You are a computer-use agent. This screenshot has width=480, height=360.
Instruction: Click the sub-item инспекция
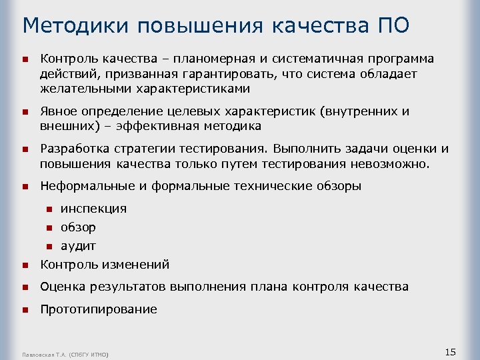click(x=93, y=209)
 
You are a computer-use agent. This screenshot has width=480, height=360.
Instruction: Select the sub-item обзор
click(x=78, y=227)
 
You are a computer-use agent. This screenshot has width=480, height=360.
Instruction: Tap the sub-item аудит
click(x=78, y=246)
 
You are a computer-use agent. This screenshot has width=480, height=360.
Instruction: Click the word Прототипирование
click(x=99, y=309)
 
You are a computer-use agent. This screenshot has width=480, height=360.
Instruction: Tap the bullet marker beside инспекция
click(x=49, y=209)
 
